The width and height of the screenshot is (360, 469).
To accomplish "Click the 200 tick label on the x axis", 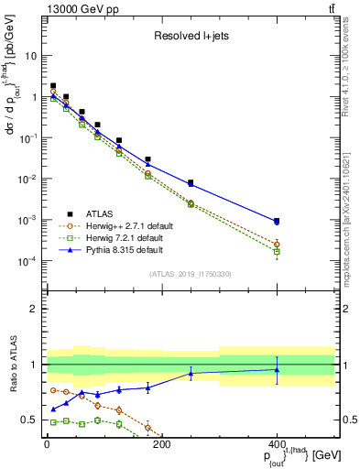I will point(161,445).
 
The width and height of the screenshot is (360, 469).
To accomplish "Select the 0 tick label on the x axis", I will point(47,445).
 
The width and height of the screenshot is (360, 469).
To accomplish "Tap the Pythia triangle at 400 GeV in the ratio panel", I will point(277,370).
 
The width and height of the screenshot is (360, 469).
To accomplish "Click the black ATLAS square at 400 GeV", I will point(277,221).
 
